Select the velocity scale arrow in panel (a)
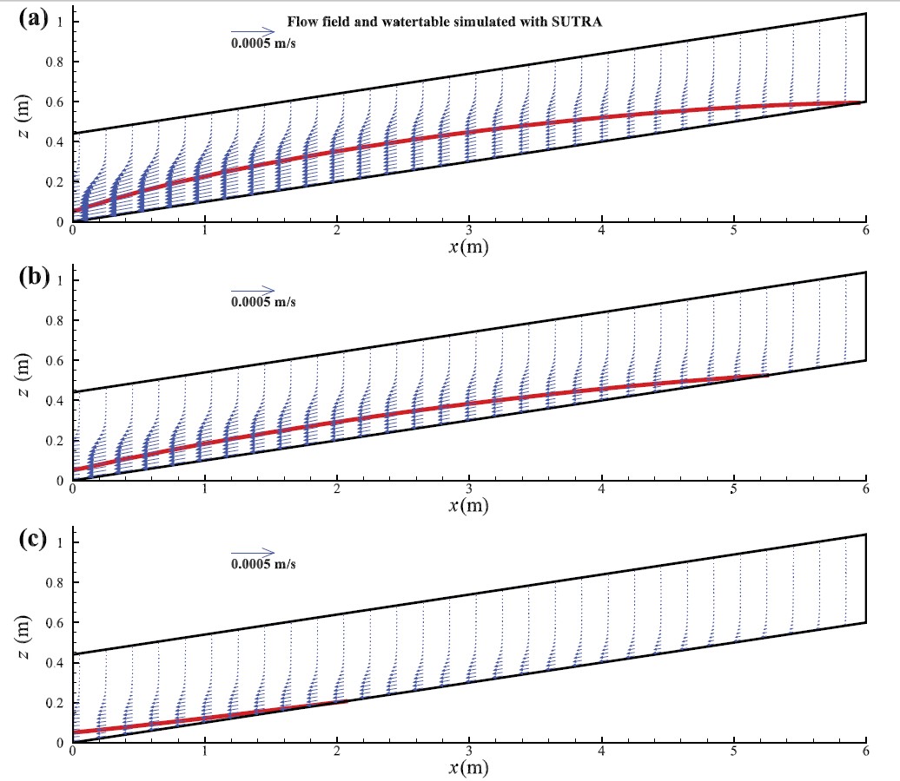[252, 33]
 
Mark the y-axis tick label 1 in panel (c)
[59, 542]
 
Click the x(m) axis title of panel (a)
[468, 248]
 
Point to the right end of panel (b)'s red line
[768, 375]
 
